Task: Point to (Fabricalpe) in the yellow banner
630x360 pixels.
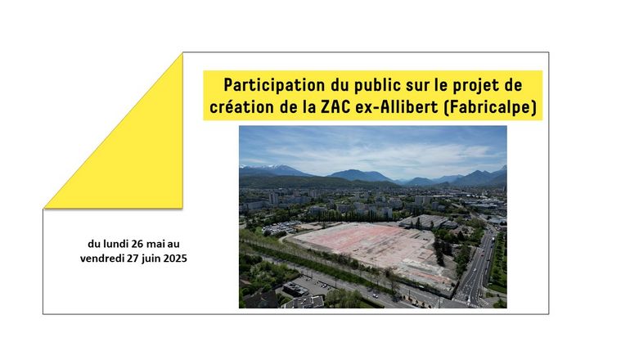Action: pyautogui.click(x=490, y=107)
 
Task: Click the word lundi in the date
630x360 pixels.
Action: pyautogui.click(x=116, y=244)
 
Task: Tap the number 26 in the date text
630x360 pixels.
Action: pyautogui.click(x=137, y=244)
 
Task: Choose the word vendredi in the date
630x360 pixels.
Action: pyautogui.click(x=102, y=258)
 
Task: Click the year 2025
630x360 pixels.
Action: pyautogui.click(x=176, y=258)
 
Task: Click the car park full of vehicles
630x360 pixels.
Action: pyautogui.click(x=281, y=227)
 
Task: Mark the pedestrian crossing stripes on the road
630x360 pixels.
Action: pyautogui.click(x=466, y=302)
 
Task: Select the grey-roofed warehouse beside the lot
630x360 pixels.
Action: pyautogui.click(x=427, y=222)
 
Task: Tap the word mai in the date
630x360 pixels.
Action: pyautogui.click(x=157, y=244)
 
